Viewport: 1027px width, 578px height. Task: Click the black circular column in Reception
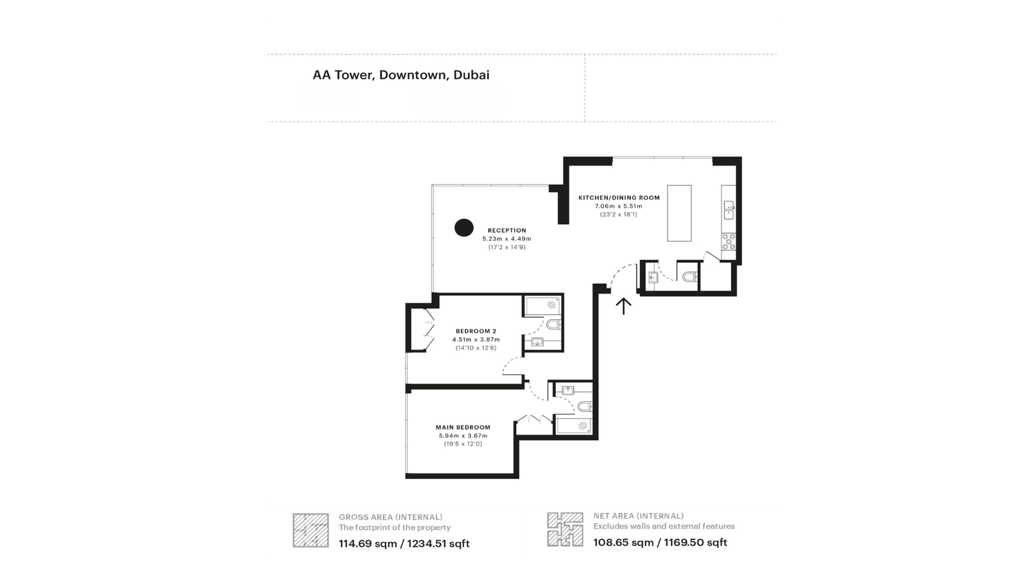tap(463, 227)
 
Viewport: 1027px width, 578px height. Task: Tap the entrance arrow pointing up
tap(623, 306)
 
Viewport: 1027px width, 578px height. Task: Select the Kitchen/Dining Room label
tap(619, 198)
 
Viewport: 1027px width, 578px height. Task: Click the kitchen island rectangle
tap(679, 213)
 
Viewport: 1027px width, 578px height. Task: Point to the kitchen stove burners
tap(729, 241)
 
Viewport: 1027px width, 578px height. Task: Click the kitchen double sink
tap(729, 207)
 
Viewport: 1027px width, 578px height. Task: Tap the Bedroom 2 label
tap(476, 331)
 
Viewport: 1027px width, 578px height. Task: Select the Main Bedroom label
tap(463, 427)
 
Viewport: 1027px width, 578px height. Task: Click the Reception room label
tap(506, 230)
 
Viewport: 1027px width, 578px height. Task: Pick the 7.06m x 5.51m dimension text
tap(619, 206)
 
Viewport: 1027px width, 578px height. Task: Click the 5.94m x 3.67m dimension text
tap(463, 435)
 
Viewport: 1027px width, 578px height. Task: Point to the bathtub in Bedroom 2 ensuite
tap(542, 306)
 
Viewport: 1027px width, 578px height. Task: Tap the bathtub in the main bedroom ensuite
tap(574, 426)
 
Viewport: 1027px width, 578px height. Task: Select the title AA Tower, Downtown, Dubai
tap(401, 74)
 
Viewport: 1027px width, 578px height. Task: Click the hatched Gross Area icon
tap(311, 530)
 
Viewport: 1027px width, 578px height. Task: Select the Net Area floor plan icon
tap(565, 529)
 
